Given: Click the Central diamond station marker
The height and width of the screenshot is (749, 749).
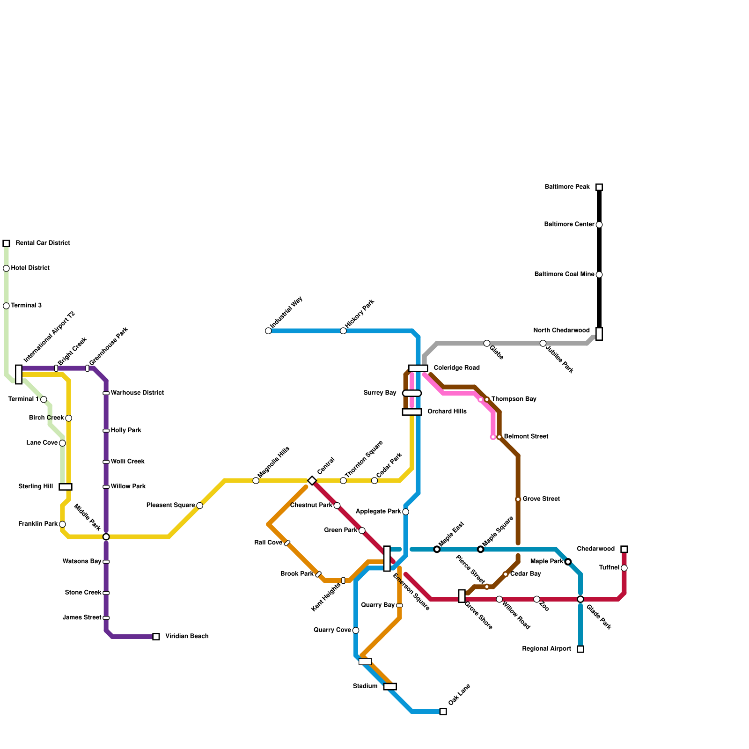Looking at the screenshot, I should (x=312, y=481).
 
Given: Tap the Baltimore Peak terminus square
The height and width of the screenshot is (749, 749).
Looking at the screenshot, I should (x=599, y=187).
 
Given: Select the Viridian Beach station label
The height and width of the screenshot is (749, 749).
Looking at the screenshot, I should (x=187, y=637).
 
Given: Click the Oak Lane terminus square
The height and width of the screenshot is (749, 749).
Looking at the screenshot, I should (x=443, y=712).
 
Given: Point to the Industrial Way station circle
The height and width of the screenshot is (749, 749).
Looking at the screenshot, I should (x=268, y=331).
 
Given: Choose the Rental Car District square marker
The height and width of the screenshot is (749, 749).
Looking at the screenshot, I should (x=6, y=243).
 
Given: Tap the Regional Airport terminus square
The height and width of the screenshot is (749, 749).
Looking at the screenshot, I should (x=580, y=649).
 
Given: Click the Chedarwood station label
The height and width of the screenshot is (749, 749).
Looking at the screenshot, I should (x=595, y=549).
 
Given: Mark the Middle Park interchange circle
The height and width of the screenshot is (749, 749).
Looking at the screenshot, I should (x=106, y=537).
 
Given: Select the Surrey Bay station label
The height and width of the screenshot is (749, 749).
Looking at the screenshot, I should (x=380, y=393).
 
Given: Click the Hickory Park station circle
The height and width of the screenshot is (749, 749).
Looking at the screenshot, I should (x=343, y=331).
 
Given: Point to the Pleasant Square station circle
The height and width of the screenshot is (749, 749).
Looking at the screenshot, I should (x=200, y=506).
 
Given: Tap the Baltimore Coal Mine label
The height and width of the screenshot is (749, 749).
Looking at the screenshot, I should (x=564, y=274).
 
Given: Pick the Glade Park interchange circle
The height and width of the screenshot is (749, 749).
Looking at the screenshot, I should (x=580, y=599).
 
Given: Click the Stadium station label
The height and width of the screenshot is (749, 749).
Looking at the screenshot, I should (x=365, y=686).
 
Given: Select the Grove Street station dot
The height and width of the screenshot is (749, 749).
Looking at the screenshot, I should (x=518, y=499).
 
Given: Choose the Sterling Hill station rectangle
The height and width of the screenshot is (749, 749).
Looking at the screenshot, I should (x=66, y=487).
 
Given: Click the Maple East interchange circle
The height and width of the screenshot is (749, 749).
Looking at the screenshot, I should (x=437, y=549).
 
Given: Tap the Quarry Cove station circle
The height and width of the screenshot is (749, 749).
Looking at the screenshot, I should (x=356, y=631).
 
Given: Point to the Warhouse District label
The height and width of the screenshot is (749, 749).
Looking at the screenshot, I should (x=137, y=393).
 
